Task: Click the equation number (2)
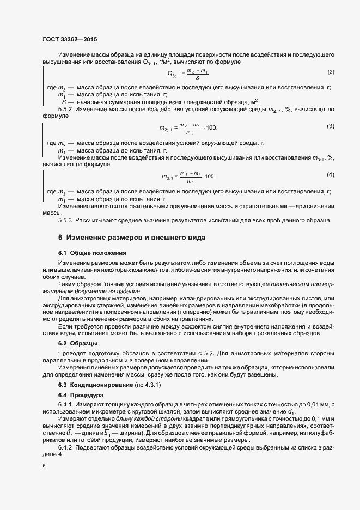point(331,72)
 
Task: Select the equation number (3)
point(330,126)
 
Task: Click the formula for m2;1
point(188,129)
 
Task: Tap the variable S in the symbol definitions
point(65,102)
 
